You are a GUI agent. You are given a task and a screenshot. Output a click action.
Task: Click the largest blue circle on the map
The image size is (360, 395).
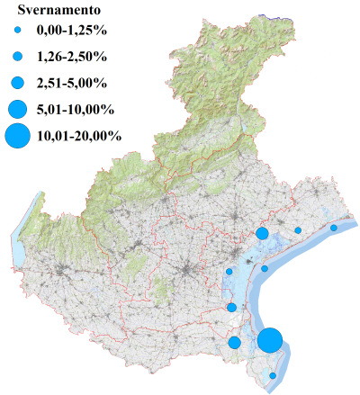pyautogui.click(x=270, y=341)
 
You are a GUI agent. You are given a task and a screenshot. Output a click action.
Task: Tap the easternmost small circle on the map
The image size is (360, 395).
pyautogui.click(x=334, y=228)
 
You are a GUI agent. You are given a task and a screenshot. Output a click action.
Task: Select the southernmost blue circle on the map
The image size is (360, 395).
pyautogui.click(x=274, y=375)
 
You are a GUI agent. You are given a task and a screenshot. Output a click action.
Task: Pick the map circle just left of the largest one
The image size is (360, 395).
pyautogui.click(x=235, y=342)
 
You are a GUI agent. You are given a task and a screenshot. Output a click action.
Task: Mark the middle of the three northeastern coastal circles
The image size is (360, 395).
pyautogui.click(x=298, y=230)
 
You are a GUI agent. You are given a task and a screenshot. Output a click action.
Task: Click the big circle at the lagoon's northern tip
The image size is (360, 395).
pyautogui.click(x=262, y=233)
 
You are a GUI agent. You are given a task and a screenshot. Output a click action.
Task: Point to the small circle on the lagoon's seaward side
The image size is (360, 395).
pyautogui.click(x=265, y=268)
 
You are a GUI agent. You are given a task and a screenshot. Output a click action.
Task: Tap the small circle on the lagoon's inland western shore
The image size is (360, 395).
pyautogui.click(x=229, y=271)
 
